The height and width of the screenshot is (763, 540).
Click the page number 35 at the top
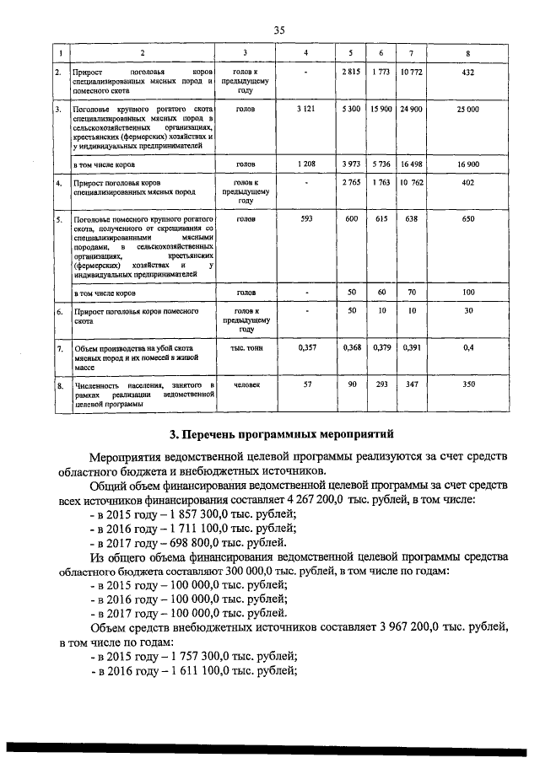pyautogui.click(x=279, y=30)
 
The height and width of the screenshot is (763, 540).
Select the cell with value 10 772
pyautogui.click(x=411, y=74)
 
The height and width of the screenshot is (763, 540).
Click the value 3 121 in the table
pyautogui.click(x=306, y=110)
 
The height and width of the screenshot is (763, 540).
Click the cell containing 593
pyautogui.click(x=306, y=219)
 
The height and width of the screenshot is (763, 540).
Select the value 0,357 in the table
pyautogui.click(x=306, y=347)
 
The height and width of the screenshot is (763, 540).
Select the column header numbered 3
pyautogui.click(x=246, y=54)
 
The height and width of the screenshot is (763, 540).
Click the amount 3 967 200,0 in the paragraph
pyautogui.click(x=409, y=627)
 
